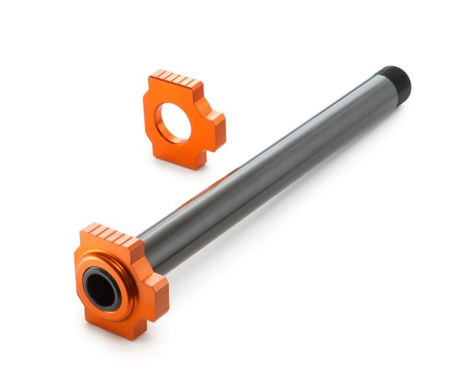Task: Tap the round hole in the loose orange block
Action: coord(174,121)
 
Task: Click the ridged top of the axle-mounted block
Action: coord(108,235)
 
